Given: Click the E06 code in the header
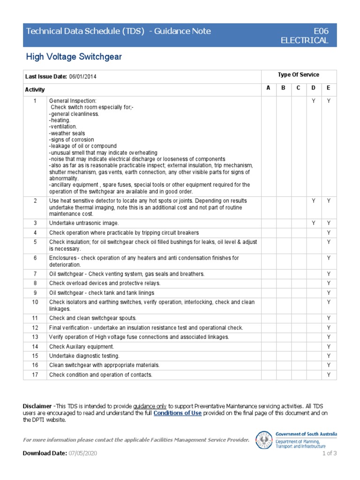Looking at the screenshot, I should tap(321, 31).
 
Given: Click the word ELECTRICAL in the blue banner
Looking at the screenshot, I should tap(304, 40).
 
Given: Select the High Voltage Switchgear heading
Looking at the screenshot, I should tap(74, 57).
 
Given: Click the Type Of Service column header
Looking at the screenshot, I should tap(298, 75).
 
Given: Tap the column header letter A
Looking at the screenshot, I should tap(269, 88).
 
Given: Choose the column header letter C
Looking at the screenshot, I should tap(299, 88).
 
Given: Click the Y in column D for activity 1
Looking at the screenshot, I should tap(314, 100).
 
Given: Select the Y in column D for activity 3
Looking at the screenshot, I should tap(314, 223).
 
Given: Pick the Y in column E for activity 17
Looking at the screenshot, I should tap(329, 375).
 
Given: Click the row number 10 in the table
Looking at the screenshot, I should tap(35, 302).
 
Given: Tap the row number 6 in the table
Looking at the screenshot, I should tap(35, 258).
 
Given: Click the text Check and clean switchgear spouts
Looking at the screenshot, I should tap(93, 318).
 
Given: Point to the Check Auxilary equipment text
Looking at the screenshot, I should tap(82, 346).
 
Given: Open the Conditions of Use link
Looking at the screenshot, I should tap(178, 413).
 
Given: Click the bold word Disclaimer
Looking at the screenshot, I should tap(37, 406).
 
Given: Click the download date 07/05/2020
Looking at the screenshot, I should tap(82, 453).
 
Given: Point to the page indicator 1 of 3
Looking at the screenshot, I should tap(329, 453).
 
